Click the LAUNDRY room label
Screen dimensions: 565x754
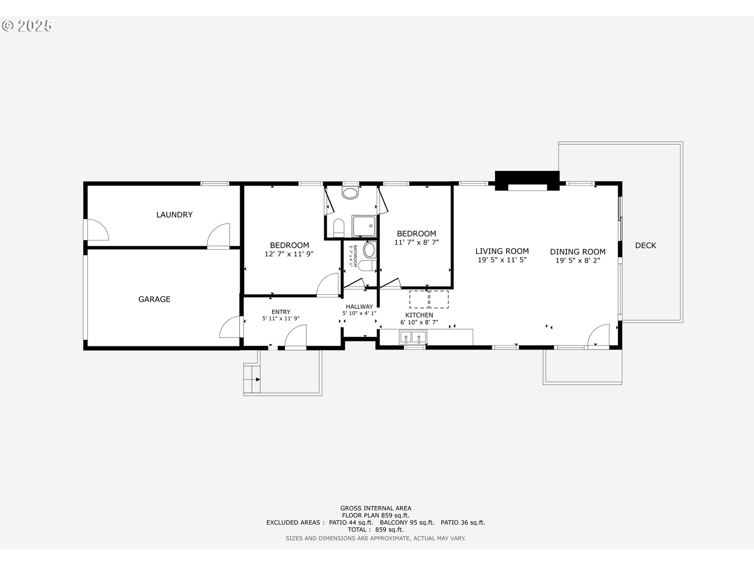174,215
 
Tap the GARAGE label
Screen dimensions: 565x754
154,299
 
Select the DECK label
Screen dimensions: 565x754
646,245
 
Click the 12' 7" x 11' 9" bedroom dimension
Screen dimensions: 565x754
289,254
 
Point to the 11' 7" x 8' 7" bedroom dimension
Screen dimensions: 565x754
416,242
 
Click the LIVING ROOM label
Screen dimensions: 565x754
502,251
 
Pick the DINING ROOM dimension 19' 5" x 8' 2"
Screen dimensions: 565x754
578,261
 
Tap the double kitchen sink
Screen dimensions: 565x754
413,337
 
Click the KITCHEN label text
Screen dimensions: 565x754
419,315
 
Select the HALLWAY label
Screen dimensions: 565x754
359,307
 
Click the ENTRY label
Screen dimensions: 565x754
281,312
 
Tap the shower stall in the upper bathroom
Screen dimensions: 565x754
364,226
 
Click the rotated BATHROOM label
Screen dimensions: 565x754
355,256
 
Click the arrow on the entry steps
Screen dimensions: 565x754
257,379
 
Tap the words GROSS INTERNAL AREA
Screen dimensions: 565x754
375,508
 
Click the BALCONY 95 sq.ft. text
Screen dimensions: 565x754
407,523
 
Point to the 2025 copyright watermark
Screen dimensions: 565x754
27,26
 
